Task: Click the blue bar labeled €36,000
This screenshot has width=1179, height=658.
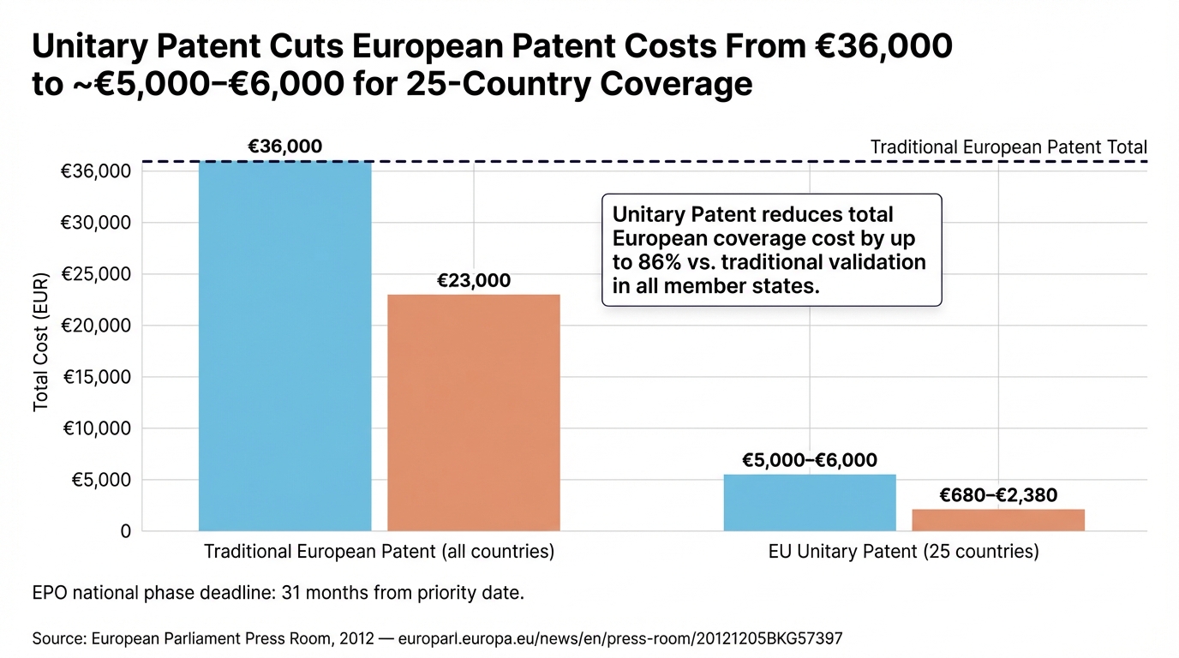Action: coord(284,346)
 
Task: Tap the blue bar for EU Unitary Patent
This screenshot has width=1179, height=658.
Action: coord(810,503)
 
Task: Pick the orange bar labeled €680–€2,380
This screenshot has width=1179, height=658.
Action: coord(998,520)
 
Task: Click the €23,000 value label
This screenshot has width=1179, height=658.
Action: coord(474,281)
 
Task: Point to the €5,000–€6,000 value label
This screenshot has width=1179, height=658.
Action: coord(810,461)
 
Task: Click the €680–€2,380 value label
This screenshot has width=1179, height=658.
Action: coord(998,495)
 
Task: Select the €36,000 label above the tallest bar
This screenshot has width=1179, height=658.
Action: coord(284,147)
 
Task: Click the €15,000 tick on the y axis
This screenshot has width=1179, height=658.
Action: coord(95,377)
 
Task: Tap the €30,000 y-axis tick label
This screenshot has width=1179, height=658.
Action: coord(95,223)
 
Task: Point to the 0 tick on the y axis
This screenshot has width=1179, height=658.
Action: coord(125,531)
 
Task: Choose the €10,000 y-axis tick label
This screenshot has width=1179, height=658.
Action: coord(95,428)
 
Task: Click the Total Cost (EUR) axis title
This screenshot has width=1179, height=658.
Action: coord(41,342)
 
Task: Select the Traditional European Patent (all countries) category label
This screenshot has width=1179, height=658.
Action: coord(379,552)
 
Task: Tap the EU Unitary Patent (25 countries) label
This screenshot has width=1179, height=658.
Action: coord(904,552)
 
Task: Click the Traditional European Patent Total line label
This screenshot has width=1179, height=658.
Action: coord(1008,147)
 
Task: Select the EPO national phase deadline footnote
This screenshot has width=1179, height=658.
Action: coord(278,593)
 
